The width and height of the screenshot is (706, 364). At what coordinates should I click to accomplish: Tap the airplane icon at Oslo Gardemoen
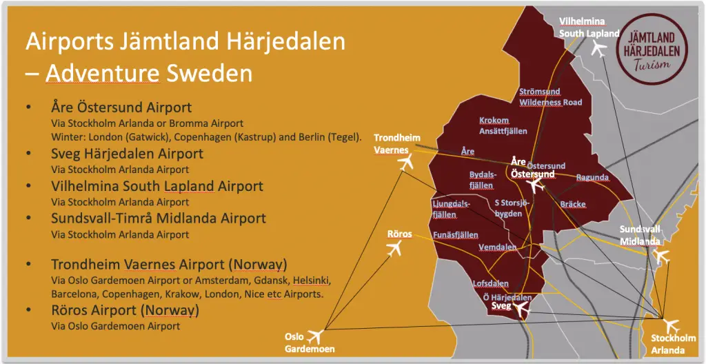[x=316, y=337]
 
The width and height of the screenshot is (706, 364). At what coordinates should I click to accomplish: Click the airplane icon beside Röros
[x=394, y=248]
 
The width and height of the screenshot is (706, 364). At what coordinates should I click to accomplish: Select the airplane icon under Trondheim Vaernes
[x=405, y=163]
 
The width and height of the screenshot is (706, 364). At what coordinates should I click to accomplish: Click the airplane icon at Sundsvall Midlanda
[x=660, y=256]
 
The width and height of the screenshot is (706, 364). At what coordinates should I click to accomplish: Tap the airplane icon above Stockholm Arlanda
[x=668, y=323]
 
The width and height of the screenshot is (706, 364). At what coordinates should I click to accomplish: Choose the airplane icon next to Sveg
[x=521, y=310]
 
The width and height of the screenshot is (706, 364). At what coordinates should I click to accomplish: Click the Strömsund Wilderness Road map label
[x=550, y=97]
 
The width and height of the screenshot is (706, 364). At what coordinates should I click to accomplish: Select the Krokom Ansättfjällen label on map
[x=503, y=125]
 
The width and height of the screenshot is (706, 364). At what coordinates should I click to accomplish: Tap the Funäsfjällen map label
[x=455, y=235]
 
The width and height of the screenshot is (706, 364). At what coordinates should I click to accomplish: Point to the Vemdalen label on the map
[x=497, y=247]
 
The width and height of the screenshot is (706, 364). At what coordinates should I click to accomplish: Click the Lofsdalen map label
[x=490, y=283]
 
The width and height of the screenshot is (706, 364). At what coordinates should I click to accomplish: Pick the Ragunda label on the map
[x=592, y=178]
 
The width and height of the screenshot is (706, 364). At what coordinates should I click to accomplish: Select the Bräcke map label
[x=572, y=205]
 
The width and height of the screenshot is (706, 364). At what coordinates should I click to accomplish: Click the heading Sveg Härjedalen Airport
[x=127, y=153]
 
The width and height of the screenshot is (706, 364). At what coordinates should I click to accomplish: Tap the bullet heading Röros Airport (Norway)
[x=125, y=310]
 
